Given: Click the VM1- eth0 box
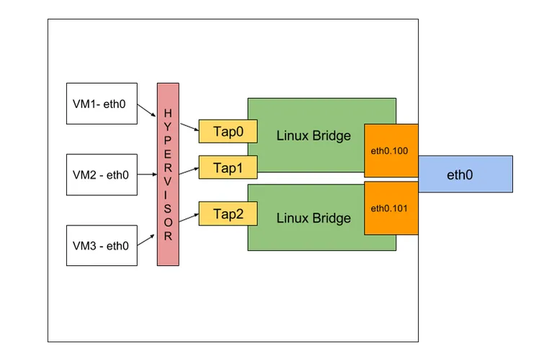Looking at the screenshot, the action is pyautogui.click(x=102, y=104).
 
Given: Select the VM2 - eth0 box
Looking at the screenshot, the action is pyautogui.click(x=102, y=174).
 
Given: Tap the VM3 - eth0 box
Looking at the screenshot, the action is pyautogui.click(x=102, y=246).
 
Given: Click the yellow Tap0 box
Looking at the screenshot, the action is pyautogui.click(x=228, y=131).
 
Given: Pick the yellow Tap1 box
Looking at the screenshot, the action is pyautogui.click(x=228, y=167).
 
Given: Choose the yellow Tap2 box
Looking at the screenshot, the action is pyautogui.click(x=228, y=214).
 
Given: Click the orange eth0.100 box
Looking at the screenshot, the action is pyautogui.click(x=391, y=151).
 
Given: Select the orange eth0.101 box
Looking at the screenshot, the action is pyautogui.click(x=391, y=208).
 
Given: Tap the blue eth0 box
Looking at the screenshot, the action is pyautogui.click(x=465, y=174).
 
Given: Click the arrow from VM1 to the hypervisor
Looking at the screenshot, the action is pyautogui.click(x=146, y=110).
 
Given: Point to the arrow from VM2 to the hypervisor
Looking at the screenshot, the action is pyautogui.click(x=147, y=174).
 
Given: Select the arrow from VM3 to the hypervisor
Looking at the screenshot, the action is pyautogui.click(x=146, y=240).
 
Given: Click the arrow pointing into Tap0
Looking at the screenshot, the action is pyautogui.click(x=190, y=127).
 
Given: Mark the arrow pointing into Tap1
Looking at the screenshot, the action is pyautogui.click(x=189, y=171).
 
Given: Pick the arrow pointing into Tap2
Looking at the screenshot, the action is pyautogui.click(x=189, y=218).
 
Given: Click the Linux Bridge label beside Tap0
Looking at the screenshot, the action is pyautogui.click(x=313, y=135).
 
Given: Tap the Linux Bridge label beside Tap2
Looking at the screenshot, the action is pyautogui.click(x=313, y=218).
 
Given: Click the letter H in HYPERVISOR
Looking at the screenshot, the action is pyautogui.click(x=168, y=113).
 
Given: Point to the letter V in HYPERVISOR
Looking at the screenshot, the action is pyautogui.click(x=168, y=181).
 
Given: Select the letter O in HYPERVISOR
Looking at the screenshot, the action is pyautogui.click(x=168, y=222).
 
